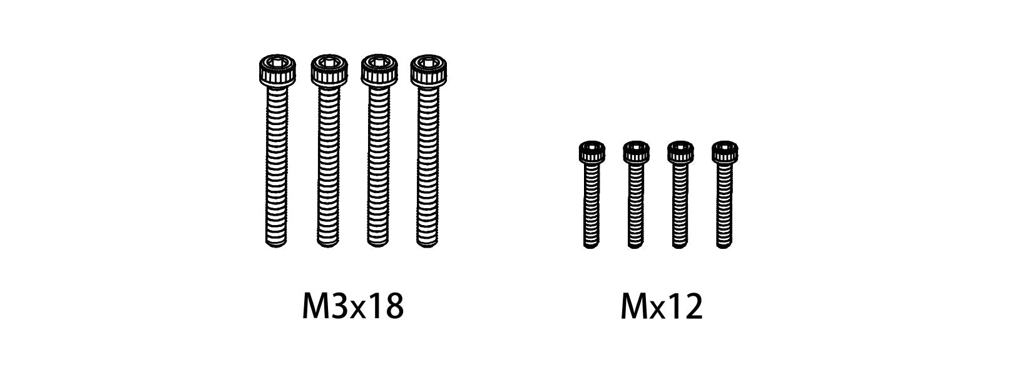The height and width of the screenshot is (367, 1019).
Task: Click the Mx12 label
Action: pos(662,307)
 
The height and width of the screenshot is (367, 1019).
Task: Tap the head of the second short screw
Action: pos(635,152)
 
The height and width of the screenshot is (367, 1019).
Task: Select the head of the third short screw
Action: pos(680,152)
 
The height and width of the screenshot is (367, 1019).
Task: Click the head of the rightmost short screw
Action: pos(724,152)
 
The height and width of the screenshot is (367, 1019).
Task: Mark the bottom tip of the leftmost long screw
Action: pos(276,243)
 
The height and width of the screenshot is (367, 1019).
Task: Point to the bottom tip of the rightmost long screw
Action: pos(428,243)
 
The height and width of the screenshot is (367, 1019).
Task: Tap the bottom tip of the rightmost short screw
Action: pos(724,245)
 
